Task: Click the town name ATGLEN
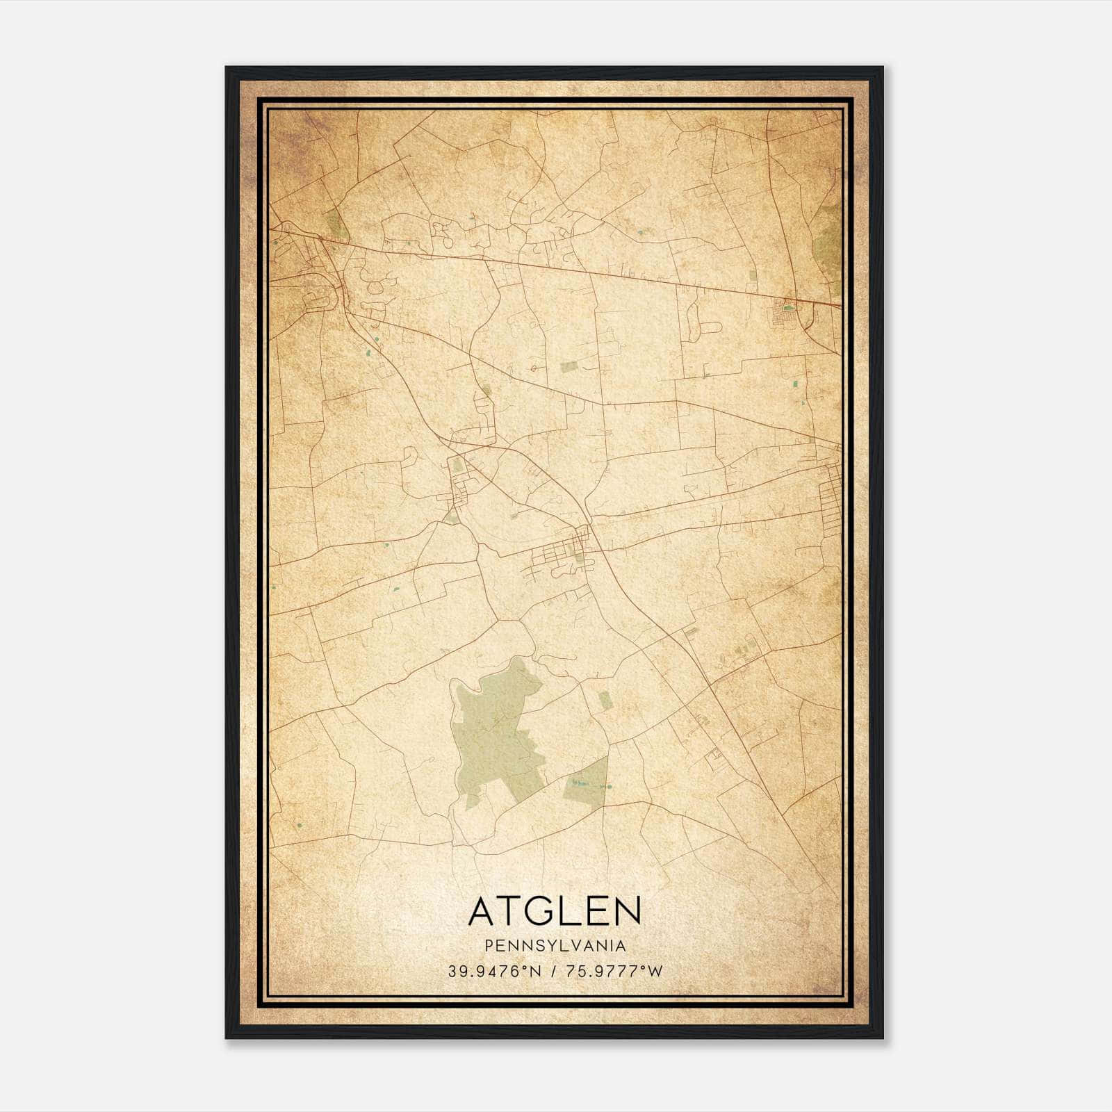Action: [x=555, y=911]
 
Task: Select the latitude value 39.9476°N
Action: [x=493, y=971]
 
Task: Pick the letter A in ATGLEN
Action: [x=482, y=911]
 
